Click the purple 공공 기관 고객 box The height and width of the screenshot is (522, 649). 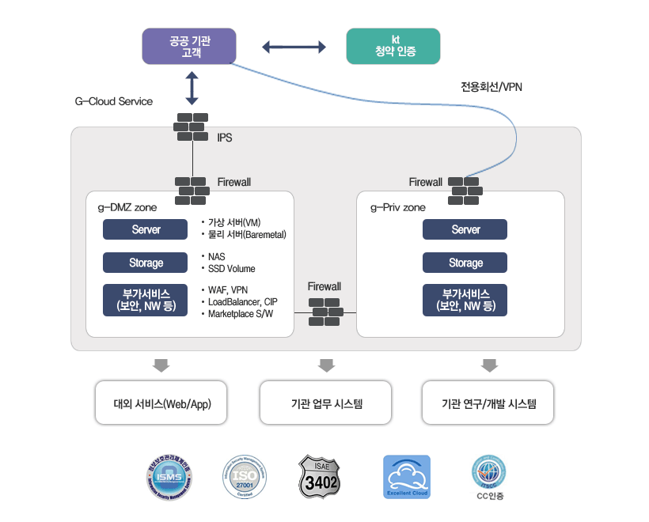[x=191, y=46]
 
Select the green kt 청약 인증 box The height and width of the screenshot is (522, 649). [x=393, y=46]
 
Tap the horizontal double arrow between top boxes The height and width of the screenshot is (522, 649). [x=294, y=47]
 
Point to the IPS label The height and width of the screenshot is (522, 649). [x=225, y=138]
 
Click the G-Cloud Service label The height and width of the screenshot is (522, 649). [x=114, y=102]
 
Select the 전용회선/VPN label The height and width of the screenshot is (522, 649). [x=491, y=87]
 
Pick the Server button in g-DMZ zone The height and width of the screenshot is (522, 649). [x=146, y=229]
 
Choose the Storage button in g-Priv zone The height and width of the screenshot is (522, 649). [x=465, y=263]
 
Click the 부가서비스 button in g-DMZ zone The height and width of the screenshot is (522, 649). [x=146, y=299]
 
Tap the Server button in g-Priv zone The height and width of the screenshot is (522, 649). [x=465, y=229]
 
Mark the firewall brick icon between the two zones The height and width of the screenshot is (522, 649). [x=325, y=312]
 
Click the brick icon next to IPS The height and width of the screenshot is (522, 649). [x=192, y=127]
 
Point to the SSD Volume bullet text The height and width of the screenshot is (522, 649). [x=231, y=269]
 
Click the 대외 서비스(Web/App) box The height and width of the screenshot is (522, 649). [x=161, y=403]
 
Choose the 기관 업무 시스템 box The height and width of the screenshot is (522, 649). [x=326, y=403]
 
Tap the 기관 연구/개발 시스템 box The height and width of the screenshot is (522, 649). [x=488, y=403]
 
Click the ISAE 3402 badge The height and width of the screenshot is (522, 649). [x=321, y=477]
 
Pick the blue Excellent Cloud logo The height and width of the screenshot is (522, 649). [x=407, y=477]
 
